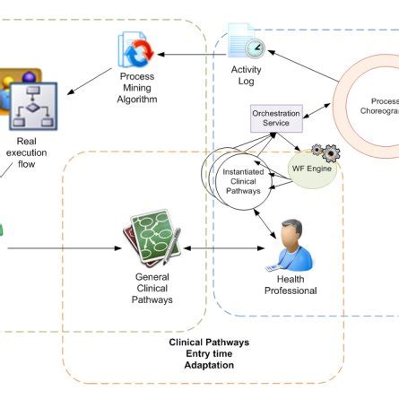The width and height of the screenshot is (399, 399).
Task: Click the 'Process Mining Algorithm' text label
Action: pos(137,89)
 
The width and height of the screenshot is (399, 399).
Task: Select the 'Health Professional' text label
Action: pos(290,285)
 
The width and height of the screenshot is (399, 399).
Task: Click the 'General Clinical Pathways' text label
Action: pos(151,289)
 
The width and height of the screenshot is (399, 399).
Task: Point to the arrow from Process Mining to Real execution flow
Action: pos(91,81)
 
